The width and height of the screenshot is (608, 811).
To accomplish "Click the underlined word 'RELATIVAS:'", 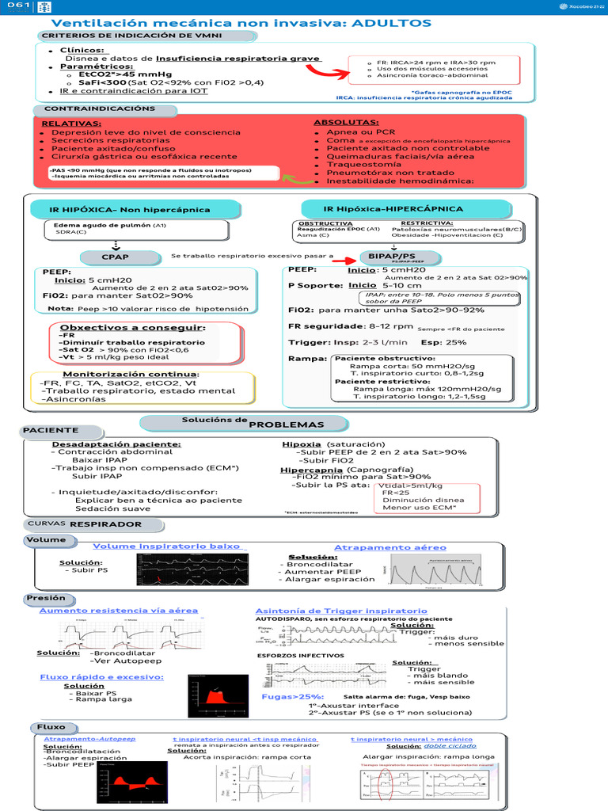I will [71, 124].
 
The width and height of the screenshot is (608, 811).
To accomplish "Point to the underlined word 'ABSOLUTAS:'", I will [346, 123].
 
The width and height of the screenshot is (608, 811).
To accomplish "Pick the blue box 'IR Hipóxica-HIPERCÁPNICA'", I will [393, 209].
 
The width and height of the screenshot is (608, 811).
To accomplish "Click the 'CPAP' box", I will [115, 257].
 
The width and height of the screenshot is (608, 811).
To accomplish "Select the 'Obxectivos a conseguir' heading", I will [133, 327].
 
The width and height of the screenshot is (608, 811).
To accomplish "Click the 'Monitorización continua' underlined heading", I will [131, 374].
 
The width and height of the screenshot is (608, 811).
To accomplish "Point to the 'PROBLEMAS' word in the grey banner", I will [275, 425].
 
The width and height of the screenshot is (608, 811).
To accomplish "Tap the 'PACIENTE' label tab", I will [51, 429].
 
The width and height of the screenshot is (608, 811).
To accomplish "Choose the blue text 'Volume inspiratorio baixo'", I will [167, 546].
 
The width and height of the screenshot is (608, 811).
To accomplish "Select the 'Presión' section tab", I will [46, 598].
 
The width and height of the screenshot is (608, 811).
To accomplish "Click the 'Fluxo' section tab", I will [51, 727].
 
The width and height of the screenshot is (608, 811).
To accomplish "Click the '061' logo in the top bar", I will [18, 6].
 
